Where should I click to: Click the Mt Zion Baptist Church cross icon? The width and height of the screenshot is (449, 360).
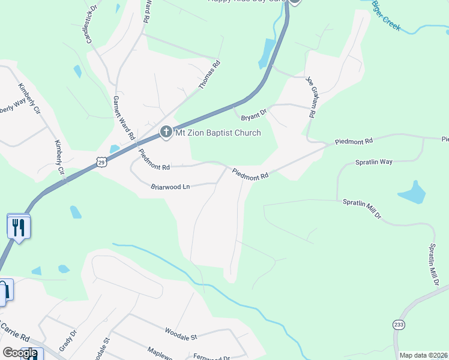166,132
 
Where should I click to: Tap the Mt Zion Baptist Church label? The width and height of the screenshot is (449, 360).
218,133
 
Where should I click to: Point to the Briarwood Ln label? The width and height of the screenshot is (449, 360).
170,187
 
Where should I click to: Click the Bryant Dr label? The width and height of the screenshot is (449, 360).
253,113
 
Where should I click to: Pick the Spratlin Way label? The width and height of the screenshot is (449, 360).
373,162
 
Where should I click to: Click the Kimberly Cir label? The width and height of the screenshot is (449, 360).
59,157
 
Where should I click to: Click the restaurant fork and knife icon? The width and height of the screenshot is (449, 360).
19,226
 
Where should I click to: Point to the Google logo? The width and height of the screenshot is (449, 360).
20,353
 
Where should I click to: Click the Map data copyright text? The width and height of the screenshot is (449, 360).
424,355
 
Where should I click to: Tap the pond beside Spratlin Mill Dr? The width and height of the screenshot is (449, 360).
412,193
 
